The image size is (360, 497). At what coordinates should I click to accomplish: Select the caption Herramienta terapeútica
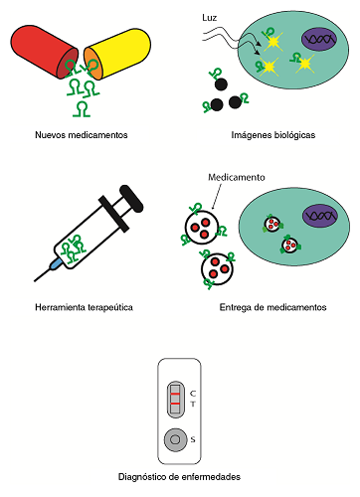coord(81,307)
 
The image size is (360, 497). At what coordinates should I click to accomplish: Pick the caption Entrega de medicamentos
coord(272,307)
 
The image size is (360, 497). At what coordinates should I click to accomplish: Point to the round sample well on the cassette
coord(175,438)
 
